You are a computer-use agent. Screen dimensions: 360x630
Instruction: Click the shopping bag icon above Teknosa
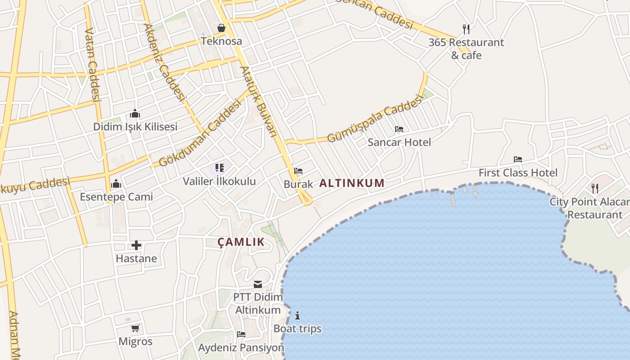click(x=221, y=28)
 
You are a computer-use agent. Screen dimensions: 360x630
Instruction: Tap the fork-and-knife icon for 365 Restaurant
click(x=466, y=29)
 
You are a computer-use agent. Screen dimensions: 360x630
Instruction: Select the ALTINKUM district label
click(x=352, y=183)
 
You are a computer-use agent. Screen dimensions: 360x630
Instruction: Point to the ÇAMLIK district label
click(x=241, y=242)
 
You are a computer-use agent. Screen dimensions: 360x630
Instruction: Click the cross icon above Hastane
click(x=136, y=245)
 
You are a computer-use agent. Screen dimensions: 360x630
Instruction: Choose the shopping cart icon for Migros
click(x=135, y=328)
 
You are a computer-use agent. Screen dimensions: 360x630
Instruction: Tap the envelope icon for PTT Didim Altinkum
click(x=258, y=284)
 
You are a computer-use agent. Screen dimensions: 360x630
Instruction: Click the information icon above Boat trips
click(x=297, y=315)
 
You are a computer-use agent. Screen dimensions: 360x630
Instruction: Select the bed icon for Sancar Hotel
click(x=399, y=129)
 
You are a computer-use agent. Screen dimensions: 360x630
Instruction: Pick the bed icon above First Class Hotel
click(x=518, y=159)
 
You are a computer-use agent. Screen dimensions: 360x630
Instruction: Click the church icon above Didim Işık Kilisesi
click(x=135, y=113)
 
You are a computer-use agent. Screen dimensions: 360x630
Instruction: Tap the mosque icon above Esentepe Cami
click(x=116, y=184)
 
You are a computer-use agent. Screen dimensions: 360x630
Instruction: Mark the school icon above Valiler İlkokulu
click(x=220, y=168)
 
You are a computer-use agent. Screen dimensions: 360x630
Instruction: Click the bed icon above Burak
click(x=298, y=171)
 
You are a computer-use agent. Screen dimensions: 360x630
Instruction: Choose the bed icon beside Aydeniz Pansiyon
click(x=241, y=334)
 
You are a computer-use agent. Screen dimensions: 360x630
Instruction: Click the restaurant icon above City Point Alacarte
click(x=595, y=188)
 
